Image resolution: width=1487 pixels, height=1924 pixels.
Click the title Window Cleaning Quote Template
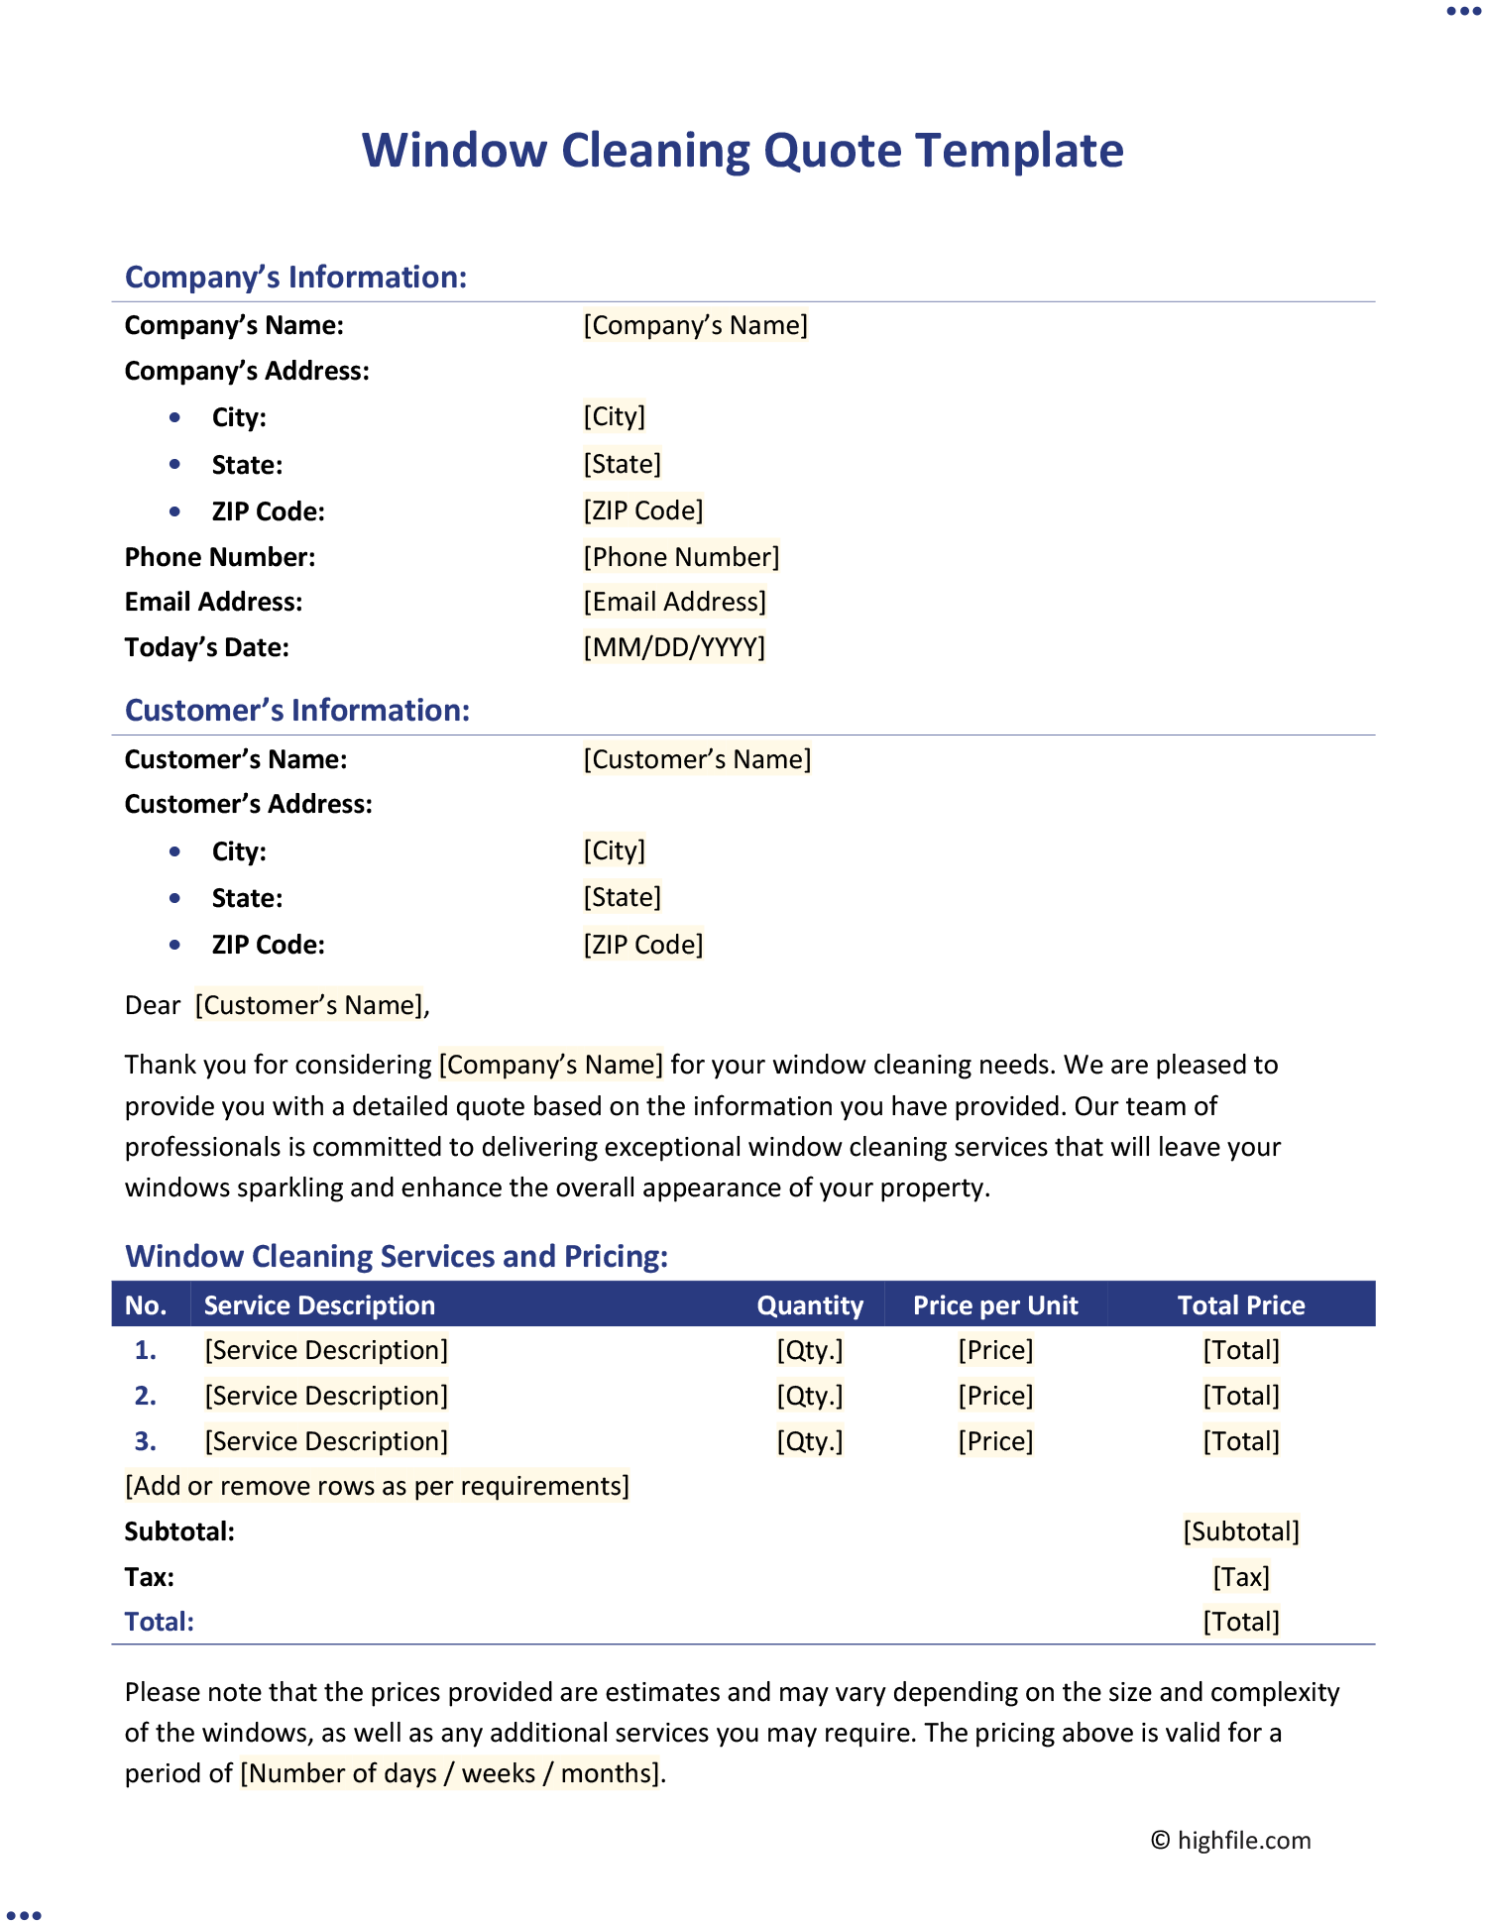point(743,151)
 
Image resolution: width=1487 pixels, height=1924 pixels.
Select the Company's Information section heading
point(295,277)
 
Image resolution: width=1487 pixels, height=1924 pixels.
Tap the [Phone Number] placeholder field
point(681,557)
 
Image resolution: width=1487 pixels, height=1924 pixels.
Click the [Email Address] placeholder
point(674,602)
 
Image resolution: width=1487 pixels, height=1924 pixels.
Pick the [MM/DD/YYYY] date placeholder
point(674,647)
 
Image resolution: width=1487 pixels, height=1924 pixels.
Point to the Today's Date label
point(207,647)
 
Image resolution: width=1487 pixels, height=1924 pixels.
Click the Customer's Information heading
point(297,710)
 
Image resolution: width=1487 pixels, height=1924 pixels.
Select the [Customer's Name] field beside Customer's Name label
point(697,759)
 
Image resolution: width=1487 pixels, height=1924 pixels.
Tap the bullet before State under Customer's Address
point(175,898)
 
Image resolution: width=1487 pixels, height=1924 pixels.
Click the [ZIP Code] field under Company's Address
point(643,510)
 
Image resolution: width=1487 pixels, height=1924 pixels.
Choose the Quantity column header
point(810,1305)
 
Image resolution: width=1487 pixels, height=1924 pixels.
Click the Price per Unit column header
point(995,1305)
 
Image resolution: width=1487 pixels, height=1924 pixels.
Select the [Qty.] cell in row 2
point(810,1396)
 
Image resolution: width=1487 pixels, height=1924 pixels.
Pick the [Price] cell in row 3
point(995,1441)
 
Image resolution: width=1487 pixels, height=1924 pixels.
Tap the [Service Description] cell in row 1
point(326,1350)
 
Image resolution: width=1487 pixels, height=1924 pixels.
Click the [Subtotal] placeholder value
point(1241,1531)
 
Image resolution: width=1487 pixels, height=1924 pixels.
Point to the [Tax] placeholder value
point(1241,1577)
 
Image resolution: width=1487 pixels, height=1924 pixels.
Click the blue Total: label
point(160,1622)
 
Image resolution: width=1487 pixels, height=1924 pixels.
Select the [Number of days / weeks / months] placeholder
point(450,1773)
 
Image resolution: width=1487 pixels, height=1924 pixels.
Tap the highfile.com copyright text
point(1231,1841)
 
